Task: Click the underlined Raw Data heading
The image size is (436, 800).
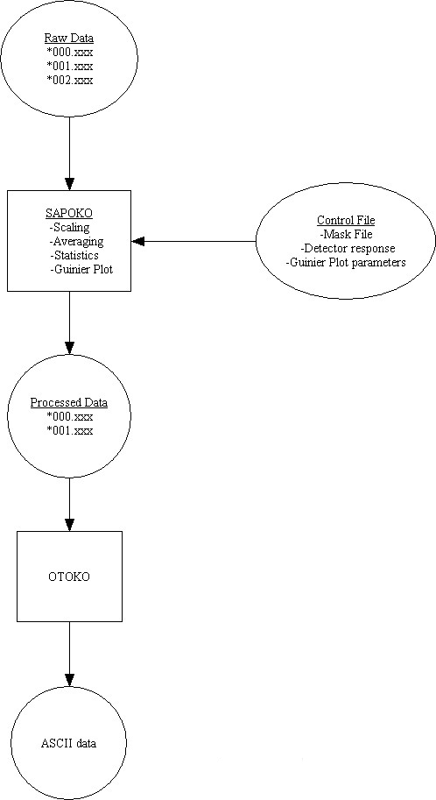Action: [x=68, y=39]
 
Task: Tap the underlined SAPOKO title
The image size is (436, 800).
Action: [x=68, y=215]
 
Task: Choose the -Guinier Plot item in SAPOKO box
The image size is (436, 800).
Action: [x=81, y=269]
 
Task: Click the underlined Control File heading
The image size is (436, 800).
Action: [x=345, y=221]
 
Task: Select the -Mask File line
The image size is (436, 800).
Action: [x=345, y=234]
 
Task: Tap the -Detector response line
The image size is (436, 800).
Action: [x=345, y=248]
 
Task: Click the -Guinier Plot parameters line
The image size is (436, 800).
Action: [x=345, y=262]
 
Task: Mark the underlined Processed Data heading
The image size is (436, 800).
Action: [x=69, y=402]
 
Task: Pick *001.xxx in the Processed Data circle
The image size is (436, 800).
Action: [x=69, y=430]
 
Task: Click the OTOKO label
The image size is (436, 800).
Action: [x=68, y=578]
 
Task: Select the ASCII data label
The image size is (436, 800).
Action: [x=68, y=744]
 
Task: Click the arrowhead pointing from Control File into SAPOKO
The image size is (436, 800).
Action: [x=137, y=241]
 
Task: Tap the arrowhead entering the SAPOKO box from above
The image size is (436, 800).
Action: [x=68, y=184]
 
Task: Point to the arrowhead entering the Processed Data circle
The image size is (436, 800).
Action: [x=68, y=350]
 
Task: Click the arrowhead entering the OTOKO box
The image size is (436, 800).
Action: [x=68, y=525]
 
